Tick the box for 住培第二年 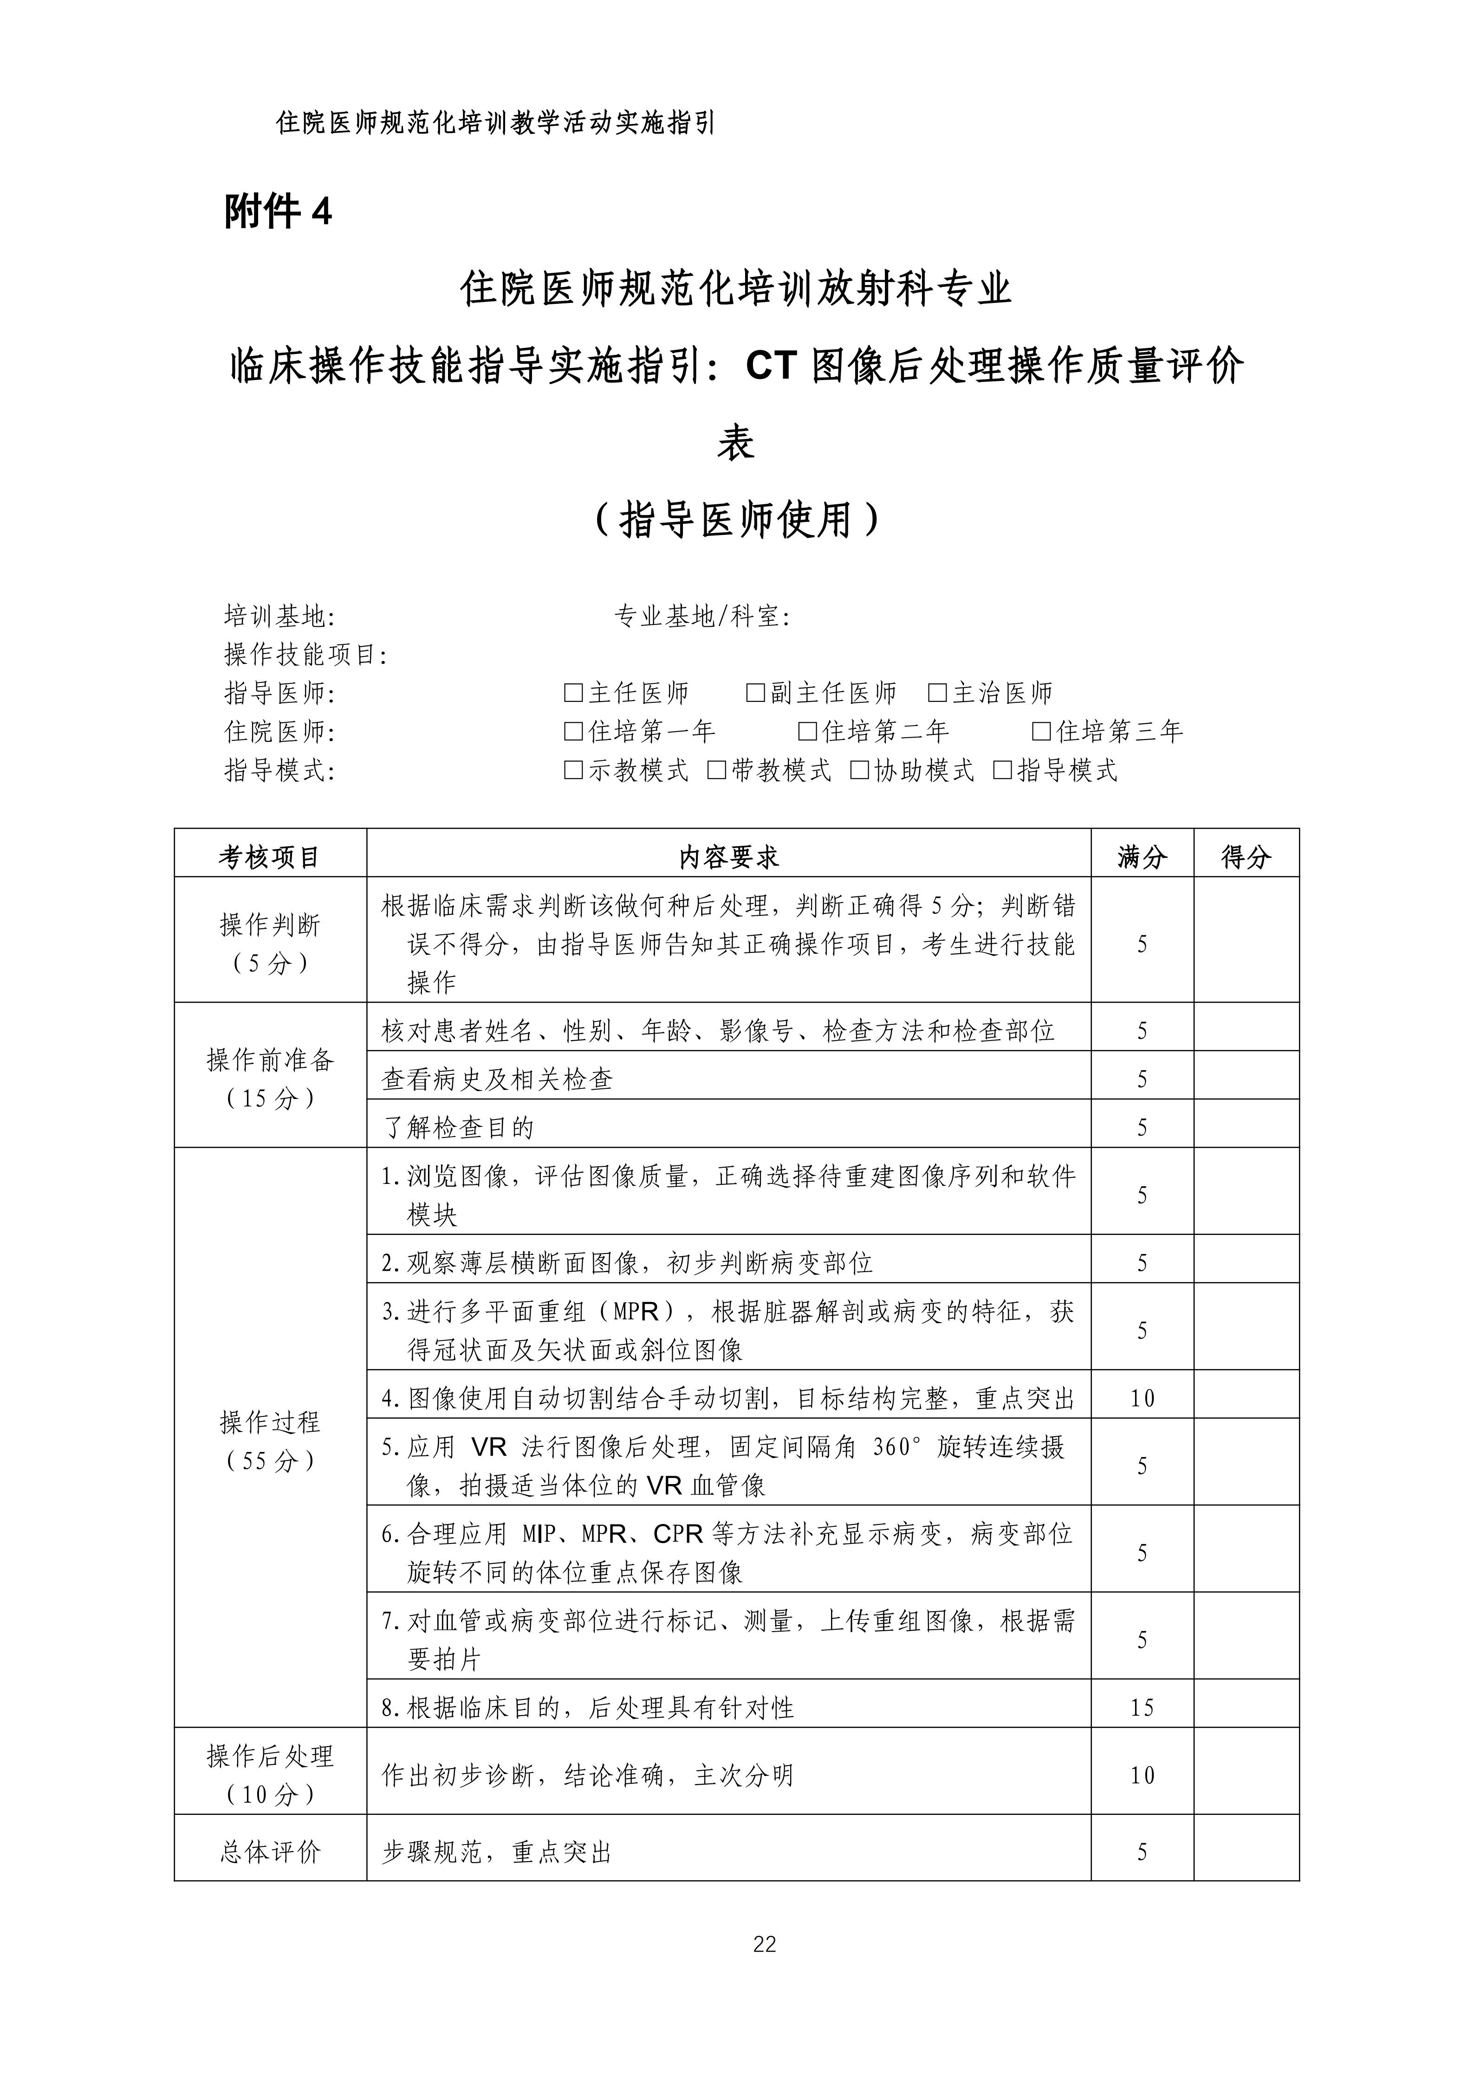click(807, 732)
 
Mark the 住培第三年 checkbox click(1042, 732)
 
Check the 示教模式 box click(573, 771)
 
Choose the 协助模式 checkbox click(859, 771)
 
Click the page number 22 click(764, 1944)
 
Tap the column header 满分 click(1142, 857)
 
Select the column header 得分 click(1246, 857)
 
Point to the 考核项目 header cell click(270, 857)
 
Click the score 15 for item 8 click(1142, 1708)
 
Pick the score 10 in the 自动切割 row click(1142, 1399)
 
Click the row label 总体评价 click(270, 1852)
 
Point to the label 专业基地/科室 click(701, 617)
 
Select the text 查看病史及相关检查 click(497, 1080)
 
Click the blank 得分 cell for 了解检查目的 click(1246, 1128)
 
